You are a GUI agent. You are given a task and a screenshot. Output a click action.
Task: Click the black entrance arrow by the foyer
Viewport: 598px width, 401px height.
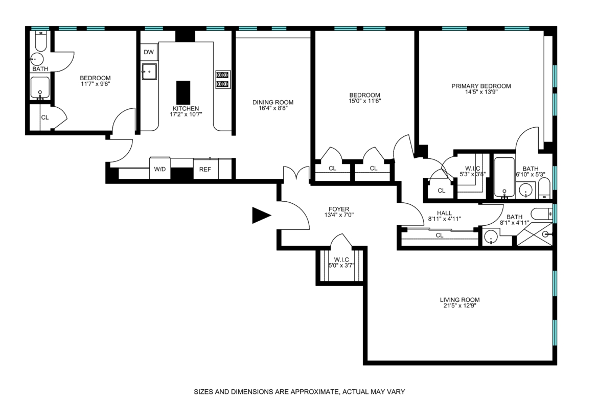(261, 216)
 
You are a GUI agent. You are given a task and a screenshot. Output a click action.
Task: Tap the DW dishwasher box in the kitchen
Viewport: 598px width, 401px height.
(149, 52)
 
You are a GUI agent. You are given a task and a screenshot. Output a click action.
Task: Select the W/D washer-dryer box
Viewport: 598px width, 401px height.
(160, 169)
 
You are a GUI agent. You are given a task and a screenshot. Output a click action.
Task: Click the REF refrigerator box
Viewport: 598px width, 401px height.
(205, 169)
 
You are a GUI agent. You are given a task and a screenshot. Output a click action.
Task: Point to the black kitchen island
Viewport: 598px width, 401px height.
(183, 92)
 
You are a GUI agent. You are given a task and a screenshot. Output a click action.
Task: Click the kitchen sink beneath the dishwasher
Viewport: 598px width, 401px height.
(149, 72)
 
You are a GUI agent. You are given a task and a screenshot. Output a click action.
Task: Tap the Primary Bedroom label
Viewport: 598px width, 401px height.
(481, 86)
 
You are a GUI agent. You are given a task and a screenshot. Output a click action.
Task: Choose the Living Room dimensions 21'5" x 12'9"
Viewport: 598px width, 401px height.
(459, 305)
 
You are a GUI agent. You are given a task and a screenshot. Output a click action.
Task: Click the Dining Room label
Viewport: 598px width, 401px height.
(273, 102)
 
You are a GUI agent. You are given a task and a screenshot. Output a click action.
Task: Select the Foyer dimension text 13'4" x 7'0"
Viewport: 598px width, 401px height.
(339, 215)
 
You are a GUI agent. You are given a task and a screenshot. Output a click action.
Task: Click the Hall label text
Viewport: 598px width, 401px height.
(444, 213)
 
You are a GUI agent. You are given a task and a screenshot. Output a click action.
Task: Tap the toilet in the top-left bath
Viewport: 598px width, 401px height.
(40, 41)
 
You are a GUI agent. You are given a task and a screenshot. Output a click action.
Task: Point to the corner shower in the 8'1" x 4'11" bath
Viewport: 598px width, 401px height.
(534, 234)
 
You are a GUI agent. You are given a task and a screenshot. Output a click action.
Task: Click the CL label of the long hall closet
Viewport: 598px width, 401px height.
(440, 235)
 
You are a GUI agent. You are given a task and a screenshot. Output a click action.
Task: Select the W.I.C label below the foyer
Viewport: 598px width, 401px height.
(341, 260)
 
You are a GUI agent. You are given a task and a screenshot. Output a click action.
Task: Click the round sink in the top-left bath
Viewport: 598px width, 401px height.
(37, 59)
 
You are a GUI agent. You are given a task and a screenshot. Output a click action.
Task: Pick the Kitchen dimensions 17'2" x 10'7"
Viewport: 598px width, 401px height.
(186, 114)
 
